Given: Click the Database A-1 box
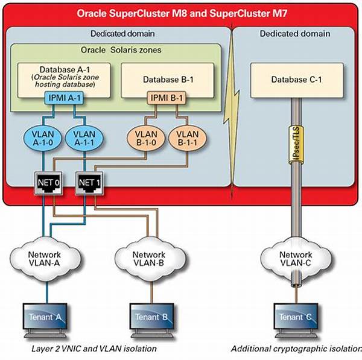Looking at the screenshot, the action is click(64, 80).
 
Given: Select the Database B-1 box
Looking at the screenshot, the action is click(168, 80).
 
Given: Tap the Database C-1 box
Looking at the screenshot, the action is click(297, 80).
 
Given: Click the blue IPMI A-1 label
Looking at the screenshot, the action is click(64, 98).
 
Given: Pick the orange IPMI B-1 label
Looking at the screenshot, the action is click(167, 98).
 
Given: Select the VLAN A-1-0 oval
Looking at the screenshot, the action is click(43, 138).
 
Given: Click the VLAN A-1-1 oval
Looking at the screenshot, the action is click(84, 138).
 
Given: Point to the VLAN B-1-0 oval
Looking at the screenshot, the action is click(146, 138).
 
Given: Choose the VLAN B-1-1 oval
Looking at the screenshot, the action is click(188, 138).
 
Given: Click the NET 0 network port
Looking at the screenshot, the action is click(48, 183).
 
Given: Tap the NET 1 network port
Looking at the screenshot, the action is click(89, 183).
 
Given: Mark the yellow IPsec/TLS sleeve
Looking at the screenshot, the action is click(296, 145).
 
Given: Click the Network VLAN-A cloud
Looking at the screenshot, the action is click(45, 259).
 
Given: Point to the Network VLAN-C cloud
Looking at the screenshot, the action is click(296, 259).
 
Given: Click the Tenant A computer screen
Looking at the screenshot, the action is click(45, 317).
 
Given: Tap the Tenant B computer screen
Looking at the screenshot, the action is click(151, 317).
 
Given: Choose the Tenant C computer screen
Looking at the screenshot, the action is click(296, 317).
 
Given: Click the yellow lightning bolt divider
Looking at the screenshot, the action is click(232, 111).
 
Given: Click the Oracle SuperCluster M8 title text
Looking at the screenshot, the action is click(182, 13).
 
